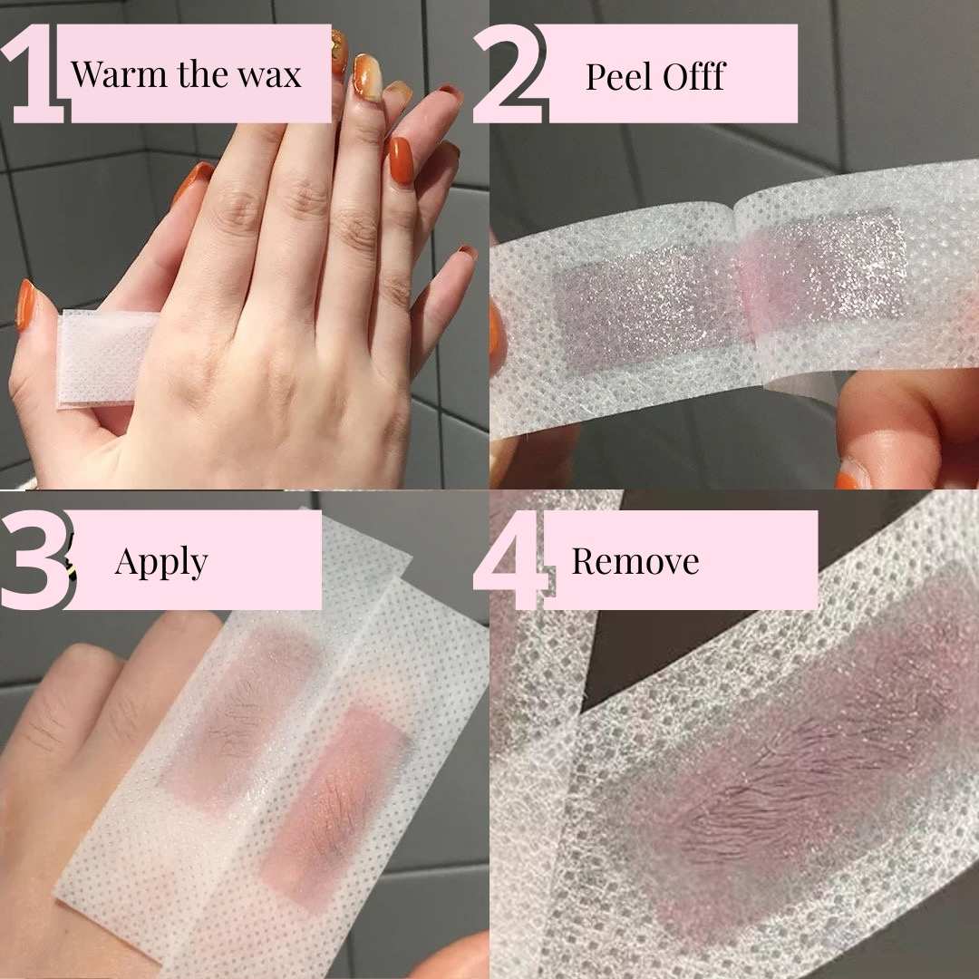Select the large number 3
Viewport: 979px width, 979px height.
coord(34,560)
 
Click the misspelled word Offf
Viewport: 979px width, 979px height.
coord(693,76)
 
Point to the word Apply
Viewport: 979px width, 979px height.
coord(161,562)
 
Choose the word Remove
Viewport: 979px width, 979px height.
coord(635,562)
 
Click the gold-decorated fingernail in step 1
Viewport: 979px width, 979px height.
coord(368,76)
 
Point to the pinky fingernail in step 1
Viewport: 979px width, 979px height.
coord(468,252)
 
